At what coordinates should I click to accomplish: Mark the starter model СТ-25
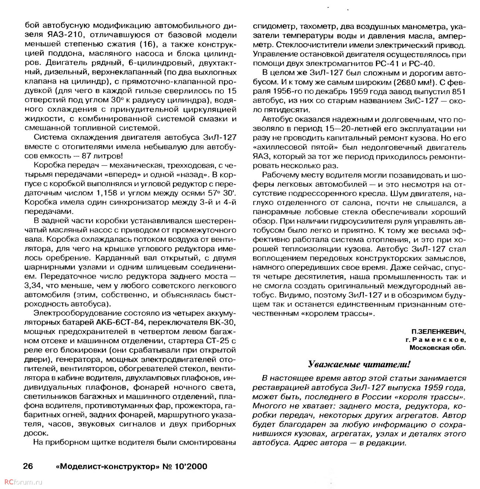click(217, 341)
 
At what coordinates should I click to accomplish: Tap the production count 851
click(458, 92)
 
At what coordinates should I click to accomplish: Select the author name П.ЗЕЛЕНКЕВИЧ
click(438, 332)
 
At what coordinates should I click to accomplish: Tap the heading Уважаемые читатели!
click(359, 364)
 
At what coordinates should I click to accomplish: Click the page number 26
click(28, 466)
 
